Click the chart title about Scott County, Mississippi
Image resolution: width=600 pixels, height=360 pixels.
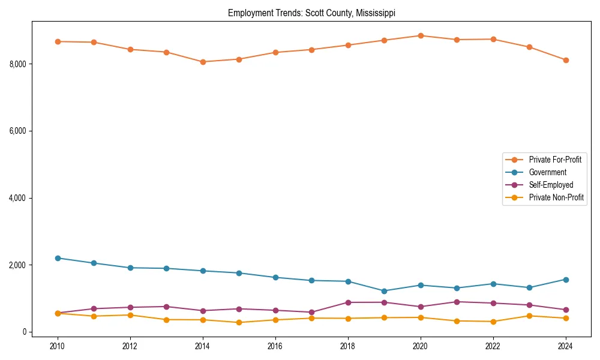point(311,13)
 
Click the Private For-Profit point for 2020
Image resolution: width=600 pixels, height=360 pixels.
point(421,35)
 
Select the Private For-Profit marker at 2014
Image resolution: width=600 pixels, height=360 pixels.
point(203,62)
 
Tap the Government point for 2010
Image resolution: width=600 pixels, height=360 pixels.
point(58,258)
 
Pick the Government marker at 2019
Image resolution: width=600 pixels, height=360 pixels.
point(384,291)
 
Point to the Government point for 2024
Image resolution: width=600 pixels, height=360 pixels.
point(566,280)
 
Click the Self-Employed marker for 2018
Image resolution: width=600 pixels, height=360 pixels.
point(348,302)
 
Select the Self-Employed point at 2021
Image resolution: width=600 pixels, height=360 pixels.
point(457,302)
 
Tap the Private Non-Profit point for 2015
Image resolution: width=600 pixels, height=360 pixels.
point(239,322)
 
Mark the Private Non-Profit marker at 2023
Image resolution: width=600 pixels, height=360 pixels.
point(529,316)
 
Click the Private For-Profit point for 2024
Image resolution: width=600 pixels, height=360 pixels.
point(566,60)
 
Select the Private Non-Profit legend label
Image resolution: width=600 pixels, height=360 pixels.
point(556,197)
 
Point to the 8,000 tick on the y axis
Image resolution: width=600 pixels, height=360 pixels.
point(20,64)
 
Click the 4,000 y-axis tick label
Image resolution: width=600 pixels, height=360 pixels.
point(20,198)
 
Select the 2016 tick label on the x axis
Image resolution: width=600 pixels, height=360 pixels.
point(275,346)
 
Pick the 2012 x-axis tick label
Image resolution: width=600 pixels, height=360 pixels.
point(130,346)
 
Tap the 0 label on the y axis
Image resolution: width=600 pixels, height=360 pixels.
point(25,332)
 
